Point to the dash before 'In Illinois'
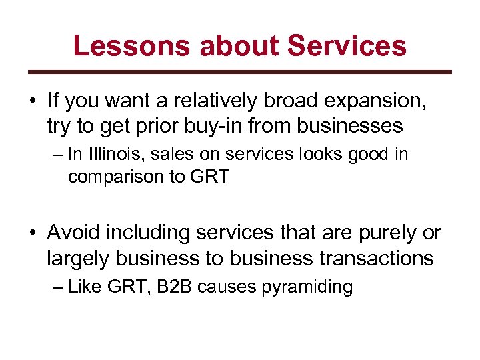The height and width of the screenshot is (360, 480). coord(58,155)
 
